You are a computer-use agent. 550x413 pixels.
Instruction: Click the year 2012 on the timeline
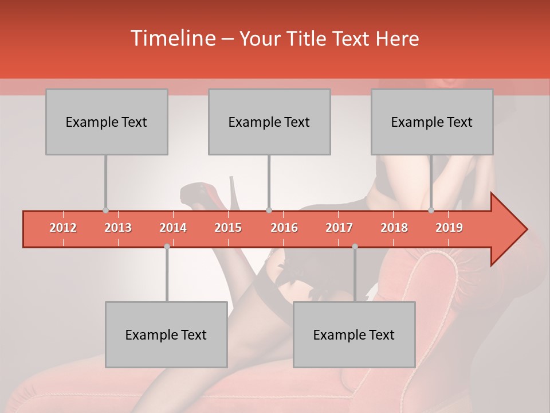[x=63, y=228]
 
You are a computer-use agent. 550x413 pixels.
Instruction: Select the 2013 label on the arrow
[x=118, y=228]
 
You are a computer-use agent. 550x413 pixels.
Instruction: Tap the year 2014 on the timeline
[x=173, y=228]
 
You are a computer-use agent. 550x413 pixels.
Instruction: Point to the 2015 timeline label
[x=228, y=228]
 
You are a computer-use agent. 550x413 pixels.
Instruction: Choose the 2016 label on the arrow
[x=284, y=228]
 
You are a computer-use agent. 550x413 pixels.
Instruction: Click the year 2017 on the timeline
[x=339, y=228]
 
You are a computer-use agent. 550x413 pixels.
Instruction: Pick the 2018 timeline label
[x=394, y=228]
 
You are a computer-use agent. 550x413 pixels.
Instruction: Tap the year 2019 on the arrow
[x=449, y=228]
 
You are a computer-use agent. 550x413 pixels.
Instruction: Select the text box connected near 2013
[x=107, y=122]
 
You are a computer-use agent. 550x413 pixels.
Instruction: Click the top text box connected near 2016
[x=269, y=122]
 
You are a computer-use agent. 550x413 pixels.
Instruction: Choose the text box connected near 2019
[x=432, y=122]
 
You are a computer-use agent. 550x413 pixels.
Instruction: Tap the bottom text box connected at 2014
[x=166, y=334]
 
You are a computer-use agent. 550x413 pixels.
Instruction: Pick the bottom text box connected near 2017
[x=354, y=334]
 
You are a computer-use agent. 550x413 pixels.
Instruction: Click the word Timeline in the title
[x=172, y=38]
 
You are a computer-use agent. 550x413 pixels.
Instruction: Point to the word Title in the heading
[x=309, y=39]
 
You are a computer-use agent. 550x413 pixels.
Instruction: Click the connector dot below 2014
[x=167, y=246]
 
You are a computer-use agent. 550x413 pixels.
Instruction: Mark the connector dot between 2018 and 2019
[x=431, y=210]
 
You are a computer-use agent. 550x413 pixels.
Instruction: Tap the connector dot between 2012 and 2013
[x=105, y=210]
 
